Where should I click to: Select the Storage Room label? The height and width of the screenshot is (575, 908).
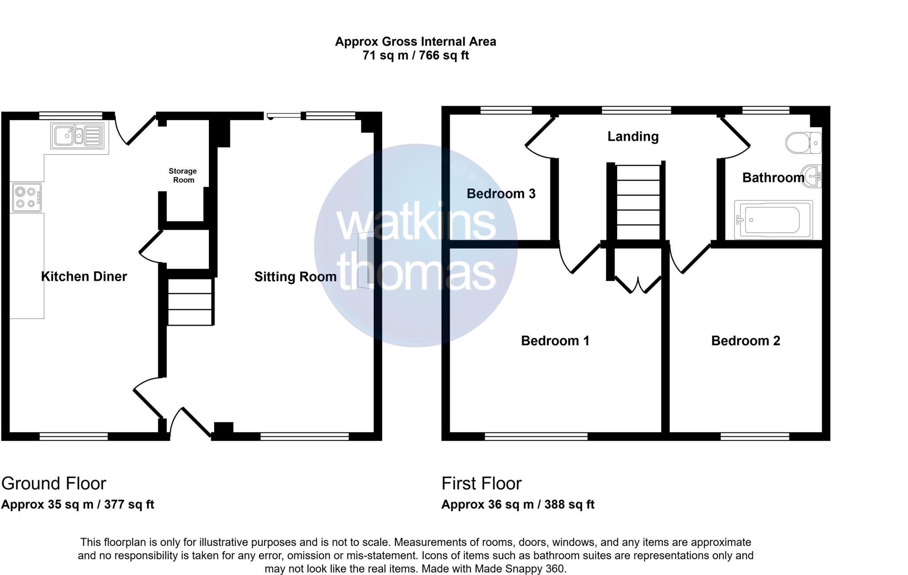tap(183, 176)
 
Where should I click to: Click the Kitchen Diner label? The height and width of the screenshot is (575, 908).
tap(84, 277)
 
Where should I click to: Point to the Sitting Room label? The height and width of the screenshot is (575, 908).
tap(295, 277)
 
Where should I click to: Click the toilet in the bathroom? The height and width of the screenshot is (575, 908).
tap(802, 142)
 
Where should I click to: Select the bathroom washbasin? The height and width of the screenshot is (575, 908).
tap(812, 176)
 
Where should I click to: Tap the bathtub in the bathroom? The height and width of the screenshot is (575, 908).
tap(773, 220)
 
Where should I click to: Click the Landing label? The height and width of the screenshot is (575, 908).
tap(633, 137)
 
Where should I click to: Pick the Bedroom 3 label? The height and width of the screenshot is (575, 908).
tap(501, 194)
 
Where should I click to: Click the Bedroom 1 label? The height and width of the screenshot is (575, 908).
tap(555, 341)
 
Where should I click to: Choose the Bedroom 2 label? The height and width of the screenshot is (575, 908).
tap(745, 341)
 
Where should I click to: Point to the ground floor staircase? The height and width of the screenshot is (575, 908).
tap(190, 301)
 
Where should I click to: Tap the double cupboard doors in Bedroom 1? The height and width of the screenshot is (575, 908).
tap(638, 285)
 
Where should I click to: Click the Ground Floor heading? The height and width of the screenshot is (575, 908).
tap(54, 483)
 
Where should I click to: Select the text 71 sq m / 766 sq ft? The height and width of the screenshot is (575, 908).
tap(415, 56)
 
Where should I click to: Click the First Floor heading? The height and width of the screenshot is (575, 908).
tap(481, 483)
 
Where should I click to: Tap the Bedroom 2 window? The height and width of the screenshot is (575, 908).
tap(755, 437)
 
